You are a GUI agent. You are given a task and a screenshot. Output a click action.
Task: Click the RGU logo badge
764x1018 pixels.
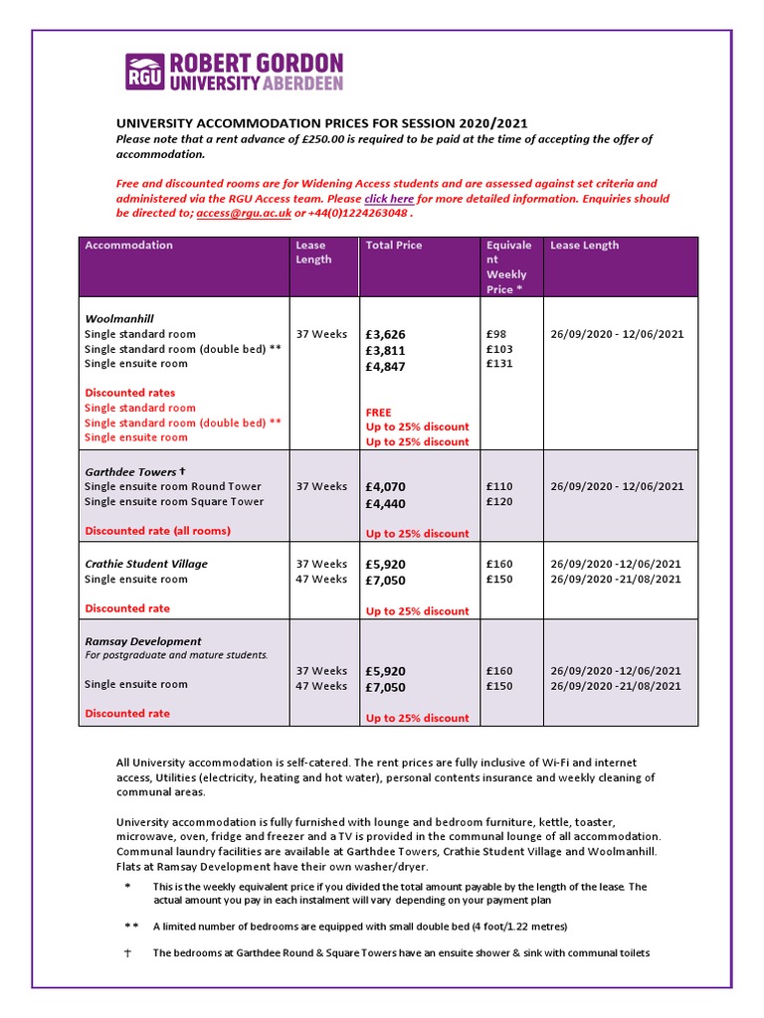coord(145,72)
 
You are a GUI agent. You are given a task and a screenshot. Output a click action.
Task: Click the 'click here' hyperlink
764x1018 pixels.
coord(389,199)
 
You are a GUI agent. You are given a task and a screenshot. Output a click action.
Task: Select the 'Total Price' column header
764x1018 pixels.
coord(394,246)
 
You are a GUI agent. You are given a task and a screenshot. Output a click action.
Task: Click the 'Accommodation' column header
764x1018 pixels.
coord(128,246)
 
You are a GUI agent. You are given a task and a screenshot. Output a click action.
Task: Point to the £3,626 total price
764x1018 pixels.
coord(386,335)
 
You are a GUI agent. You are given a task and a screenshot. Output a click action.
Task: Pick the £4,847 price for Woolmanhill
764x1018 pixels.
coord(386,367)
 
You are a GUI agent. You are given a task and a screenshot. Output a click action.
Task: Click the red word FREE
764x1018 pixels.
coord(379,413)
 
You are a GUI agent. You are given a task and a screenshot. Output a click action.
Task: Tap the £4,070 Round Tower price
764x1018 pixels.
coord(386,487)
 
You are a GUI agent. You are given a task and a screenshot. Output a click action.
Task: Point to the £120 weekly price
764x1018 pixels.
coord(499,502)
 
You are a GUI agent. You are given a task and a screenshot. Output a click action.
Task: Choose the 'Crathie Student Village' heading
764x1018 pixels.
coord(146,564)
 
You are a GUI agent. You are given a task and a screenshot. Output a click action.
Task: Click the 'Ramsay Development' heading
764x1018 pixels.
coord(143,641)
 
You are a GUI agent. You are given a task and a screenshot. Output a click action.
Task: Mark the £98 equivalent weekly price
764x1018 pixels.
coord(496,335)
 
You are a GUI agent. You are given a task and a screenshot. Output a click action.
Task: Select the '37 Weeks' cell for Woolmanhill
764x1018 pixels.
coord(321,335)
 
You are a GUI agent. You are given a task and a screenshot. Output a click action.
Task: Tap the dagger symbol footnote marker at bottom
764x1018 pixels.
coord(126,953)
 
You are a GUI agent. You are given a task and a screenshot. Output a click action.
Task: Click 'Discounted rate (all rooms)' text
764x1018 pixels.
coord(157,531)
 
